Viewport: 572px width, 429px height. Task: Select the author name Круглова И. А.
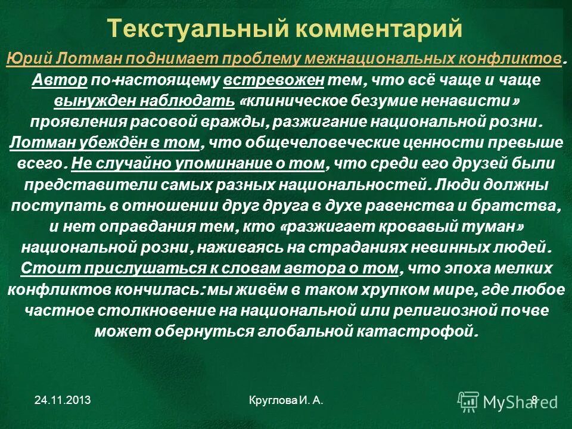pos(287,401)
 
